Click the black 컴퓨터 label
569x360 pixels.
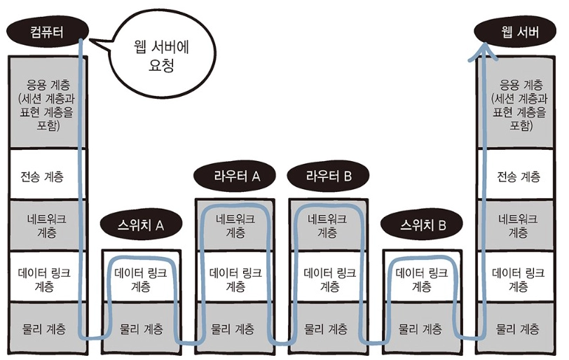click(x=46, y=31)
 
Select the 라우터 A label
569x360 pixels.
click(x=238, y=176)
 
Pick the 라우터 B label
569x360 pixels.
click(x=329, y=176)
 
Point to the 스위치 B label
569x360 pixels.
click(x=423, y=226)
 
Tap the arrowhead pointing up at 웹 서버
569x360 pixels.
click(x=483, y=49)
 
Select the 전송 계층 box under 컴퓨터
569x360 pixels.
click(x=46, y=175)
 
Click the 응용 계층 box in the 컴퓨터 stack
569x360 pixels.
click(x=46, y=105)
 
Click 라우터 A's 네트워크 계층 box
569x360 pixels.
click(x=237, y=225)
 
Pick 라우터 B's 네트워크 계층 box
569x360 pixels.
click(x=329, y=225)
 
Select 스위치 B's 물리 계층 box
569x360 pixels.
click(x=423, y=328)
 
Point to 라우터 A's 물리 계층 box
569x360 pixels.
click(x=237, y=328)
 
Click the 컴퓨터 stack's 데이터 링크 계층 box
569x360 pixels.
click(x=46, y=279)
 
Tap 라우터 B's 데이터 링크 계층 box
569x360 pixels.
click(x=329, y=279)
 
